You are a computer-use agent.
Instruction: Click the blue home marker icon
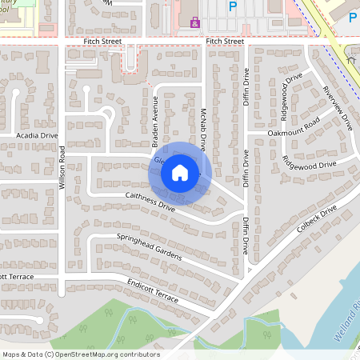(x=180, y=172)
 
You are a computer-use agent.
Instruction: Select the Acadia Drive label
(x=38, y=136)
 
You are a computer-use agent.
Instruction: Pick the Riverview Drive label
(x=336, y=108)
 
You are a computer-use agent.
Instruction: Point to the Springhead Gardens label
(x=150, y=247)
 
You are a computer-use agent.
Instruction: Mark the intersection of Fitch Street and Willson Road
(x=61, y=41)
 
